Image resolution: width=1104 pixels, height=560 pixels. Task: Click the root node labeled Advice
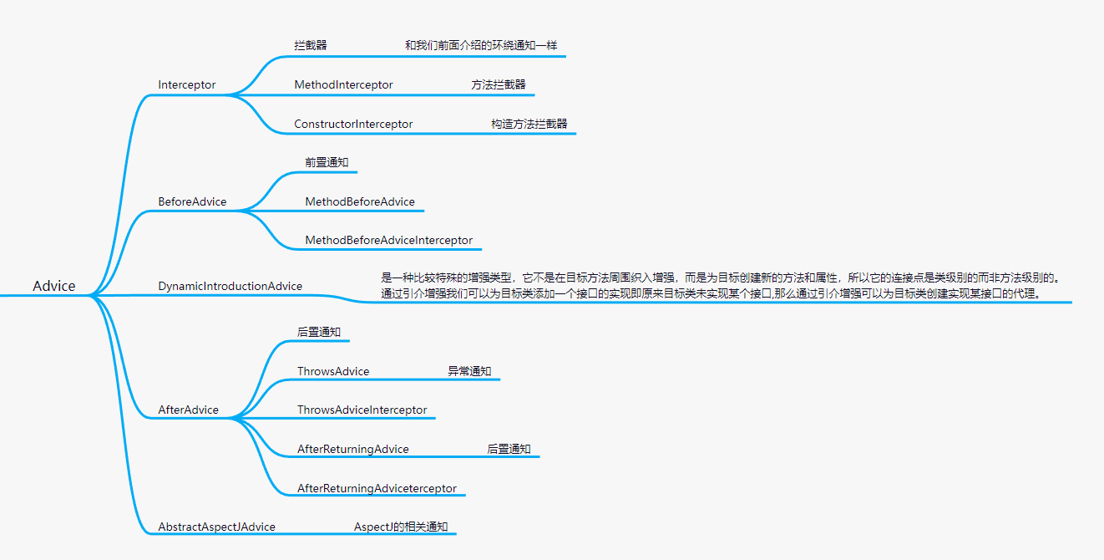point(54,286)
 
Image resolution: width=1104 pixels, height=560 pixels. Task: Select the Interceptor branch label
point(187,84)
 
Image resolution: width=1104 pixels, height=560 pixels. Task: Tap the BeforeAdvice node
point(192,201)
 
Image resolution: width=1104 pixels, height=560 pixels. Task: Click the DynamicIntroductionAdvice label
point(230,286)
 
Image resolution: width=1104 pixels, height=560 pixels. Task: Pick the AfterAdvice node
point(189,410)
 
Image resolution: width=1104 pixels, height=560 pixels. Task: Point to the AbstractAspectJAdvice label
point(217,527)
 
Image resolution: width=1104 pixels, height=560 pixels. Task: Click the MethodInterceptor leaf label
point(343,84)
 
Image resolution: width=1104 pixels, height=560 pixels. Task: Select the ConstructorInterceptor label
point(353,124)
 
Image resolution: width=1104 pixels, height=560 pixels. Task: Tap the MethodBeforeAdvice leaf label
point(360,201)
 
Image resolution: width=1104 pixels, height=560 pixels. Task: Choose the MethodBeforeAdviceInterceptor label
point(389,240)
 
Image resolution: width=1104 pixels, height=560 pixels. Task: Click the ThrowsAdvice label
point(333,371)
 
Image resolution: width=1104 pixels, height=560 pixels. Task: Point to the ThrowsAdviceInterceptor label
point(362,410)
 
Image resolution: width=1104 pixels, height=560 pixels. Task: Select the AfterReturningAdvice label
point(353,449)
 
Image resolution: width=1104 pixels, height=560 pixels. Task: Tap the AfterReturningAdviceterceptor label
point(377,488)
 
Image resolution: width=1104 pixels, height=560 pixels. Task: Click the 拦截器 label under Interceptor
point(311,45)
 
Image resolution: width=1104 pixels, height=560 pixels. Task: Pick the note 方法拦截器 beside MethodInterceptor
point(499,84)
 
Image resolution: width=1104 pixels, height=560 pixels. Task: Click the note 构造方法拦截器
point(529,124)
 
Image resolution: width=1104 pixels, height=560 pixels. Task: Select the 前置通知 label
point(327,162)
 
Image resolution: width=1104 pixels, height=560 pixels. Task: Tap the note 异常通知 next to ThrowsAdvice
point(469,371)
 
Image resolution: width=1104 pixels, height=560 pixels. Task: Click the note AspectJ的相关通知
point(401,527)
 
